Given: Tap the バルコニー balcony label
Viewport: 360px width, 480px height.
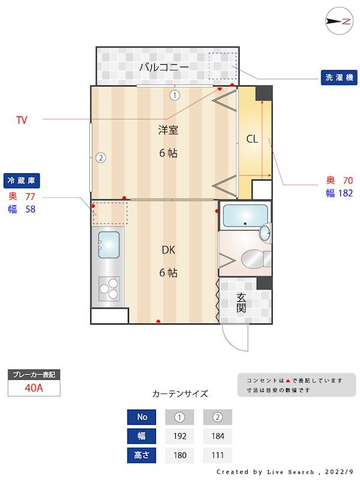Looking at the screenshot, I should click(x=164, y=67).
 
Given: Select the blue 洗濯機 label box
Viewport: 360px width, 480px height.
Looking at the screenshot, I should click(x=339, y=77).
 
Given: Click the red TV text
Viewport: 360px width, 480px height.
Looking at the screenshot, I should click(x=22, y=121).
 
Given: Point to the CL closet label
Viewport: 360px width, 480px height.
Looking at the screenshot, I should click(x=252, y=139).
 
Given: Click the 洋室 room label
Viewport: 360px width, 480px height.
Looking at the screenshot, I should click(x=168, y=130).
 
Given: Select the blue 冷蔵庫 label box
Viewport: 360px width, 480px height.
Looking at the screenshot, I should click(x=22, y=180).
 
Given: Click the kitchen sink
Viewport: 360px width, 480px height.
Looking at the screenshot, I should click(x=109, y=245).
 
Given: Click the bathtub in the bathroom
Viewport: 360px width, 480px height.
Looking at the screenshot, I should click(x=245, y=216).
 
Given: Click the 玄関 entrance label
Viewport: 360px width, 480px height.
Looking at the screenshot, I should click(x=241, y=302).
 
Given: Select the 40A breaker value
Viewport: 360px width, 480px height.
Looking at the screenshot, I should click(x=34, y=388).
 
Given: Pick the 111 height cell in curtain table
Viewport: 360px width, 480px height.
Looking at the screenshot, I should click(x=217, y=455).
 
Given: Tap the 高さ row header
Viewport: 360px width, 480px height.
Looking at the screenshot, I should click(x=142, y=455).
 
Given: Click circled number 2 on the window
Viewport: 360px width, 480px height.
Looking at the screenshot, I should click(x=101, y=158).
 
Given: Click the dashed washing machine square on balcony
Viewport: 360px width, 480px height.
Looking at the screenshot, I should click(x=223, y=65).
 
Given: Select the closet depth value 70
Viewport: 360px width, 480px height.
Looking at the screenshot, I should click(x=347, y=180).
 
